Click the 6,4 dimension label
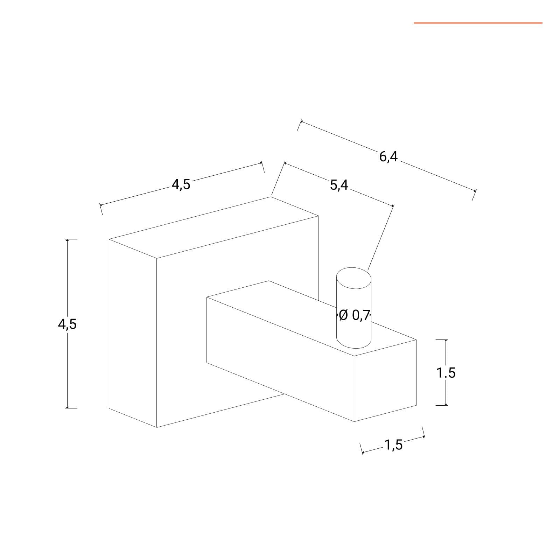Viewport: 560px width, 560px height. point(388,156)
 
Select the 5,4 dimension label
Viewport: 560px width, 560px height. point(339,184)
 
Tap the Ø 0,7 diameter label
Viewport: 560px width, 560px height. point(354,315)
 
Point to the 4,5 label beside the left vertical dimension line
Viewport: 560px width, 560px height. point(67,324)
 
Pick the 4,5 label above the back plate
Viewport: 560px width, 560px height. point(181,184)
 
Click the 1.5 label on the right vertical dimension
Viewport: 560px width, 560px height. point(446,373)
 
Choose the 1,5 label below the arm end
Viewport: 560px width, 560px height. point(394,445)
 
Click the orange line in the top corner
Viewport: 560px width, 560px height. point(478,23)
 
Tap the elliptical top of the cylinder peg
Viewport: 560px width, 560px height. point(353,278)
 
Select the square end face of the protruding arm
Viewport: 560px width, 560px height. point(385,380)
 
